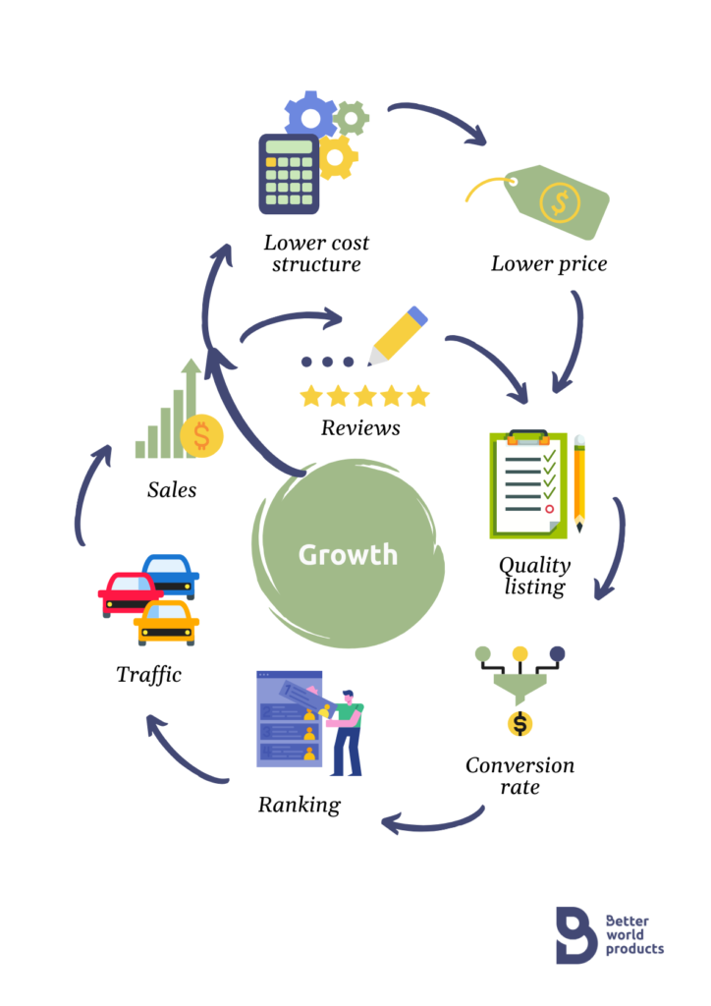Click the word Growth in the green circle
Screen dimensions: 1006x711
pyautogui.click(x=348, y=554)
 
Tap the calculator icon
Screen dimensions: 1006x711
pyautogui.click(x=289, y=175)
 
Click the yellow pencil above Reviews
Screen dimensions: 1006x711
pyautogui.click(x=398, y=336)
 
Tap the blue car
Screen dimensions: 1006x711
pyautogui.click(x=171, y=574)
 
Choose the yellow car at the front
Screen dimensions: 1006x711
pyautogui.click(x=166, y=623)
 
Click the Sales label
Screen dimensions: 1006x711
pyautogui.click(x=172, y=488)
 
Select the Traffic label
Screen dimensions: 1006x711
pyautogui.click(x=148, y=675)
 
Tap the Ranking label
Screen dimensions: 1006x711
pyautogui.click(x=300, y=805)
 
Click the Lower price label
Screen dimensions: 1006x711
pyautogui.click(x=549, y=263)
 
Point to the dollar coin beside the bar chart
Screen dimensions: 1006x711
pyautogui.click(x=202, y=435)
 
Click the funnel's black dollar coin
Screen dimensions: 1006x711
pyautogui.click(x=520, y=724)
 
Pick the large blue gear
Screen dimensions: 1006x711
pyautogui.click(x=310, y=116)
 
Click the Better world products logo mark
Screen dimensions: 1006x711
pyautogui.click(x=575, y=934)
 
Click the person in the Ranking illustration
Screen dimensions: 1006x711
pyautogui.click(x=346, y=732)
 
